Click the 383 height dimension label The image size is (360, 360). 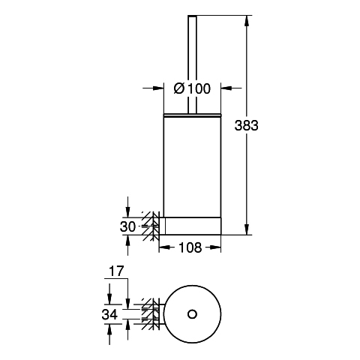click(246, 125)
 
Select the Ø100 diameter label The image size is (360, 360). click(192, 88)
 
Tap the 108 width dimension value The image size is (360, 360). click(190, 247)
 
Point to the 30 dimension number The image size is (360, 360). click(127, 227)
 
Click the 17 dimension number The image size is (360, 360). click(116, 271)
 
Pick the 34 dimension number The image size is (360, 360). click(109, 314)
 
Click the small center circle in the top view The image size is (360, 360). click(192, 314)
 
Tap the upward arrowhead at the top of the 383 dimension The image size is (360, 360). click(247, 21)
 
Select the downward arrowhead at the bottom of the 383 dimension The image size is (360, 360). click(247, 230)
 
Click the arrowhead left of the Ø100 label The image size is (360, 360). click(159, 88)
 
